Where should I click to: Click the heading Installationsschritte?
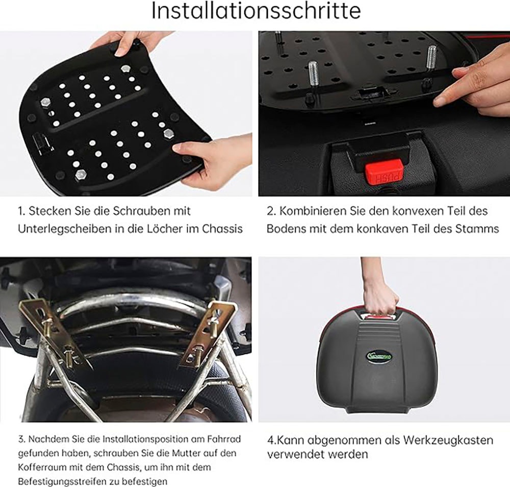256,11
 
